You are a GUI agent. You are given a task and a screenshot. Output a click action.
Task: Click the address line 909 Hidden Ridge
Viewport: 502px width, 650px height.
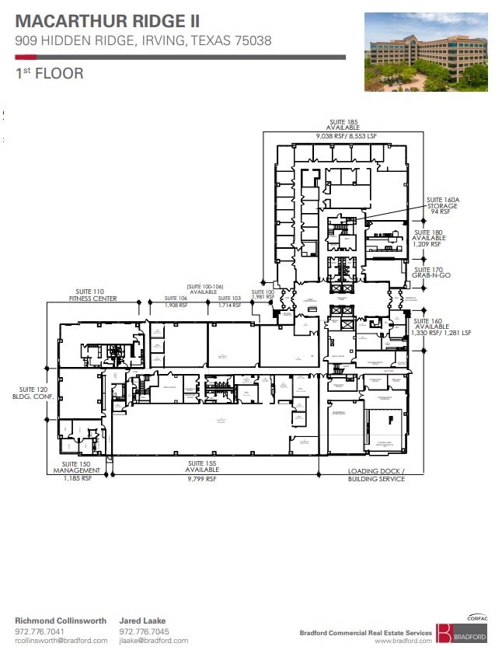143,41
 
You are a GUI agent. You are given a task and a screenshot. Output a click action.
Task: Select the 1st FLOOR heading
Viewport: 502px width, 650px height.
49,75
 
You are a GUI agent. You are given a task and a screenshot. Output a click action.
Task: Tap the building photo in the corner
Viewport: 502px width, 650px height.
425,52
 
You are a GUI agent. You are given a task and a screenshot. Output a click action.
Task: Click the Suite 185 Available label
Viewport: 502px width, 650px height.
342,128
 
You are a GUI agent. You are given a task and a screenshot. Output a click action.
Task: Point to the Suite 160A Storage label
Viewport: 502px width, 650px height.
441,204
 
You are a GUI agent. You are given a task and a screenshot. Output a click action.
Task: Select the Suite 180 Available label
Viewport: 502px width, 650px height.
428,238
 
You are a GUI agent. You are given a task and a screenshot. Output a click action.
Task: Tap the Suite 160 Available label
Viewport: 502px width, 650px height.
436,327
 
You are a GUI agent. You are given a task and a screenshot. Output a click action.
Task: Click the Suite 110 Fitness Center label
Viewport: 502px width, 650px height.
87,295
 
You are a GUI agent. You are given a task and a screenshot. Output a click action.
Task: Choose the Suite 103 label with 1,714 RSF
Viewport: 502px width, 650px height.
229,302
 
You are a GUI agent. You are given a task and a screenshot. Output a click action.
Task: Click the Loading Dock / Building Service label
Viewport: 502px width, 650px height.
376,475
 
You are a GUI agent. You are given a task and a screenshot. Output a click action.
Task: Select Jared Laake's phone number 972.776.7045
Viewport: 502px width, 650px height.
145,631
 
